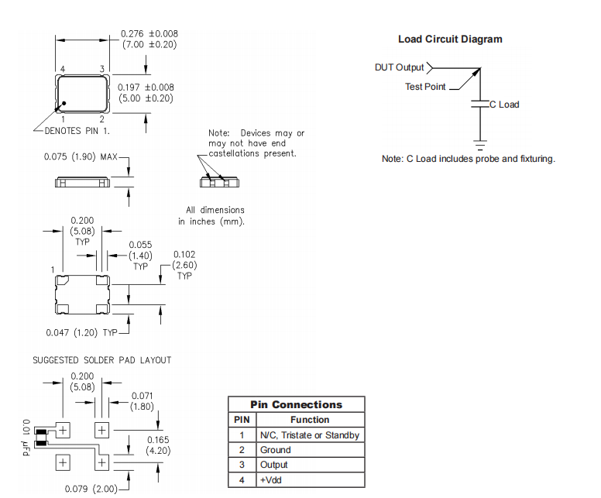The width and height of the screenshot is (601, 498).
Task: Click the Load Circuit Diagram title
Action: [450, 39]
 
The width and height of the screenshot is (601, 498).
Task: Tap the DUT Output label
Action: [400, 67]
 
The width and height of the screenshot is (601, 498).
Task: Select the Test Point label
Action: [425, 87]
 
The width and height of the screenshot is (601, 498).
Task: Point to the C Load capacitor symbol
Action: [480, 104]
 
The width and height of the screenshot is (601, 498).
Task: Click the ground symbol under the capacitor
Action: [480, 145]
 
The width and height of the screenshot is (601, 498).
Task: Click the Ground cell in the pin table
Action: [276, 450]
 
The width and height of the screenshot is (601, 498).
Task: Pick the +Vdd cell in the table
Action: [270, 480]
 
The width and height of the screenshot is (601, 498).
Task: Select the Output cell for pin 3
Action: [274, 465]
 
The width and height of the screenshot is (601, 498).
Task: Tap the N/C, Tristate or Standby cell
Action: [309, 435]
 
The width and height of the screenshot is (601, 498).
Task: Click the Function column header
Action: [309, 420]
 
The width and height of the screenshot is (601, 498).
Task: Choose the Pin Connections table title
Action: [296, 404]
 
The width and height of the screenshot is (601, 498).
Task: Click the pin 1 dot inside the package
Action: [65, 103]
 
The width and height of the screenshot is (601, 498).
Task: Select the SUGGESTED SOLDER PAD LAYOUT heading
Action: [101, 360]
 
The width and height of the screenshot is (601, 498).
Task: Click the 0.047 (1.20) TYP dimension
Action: [81, 332]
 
